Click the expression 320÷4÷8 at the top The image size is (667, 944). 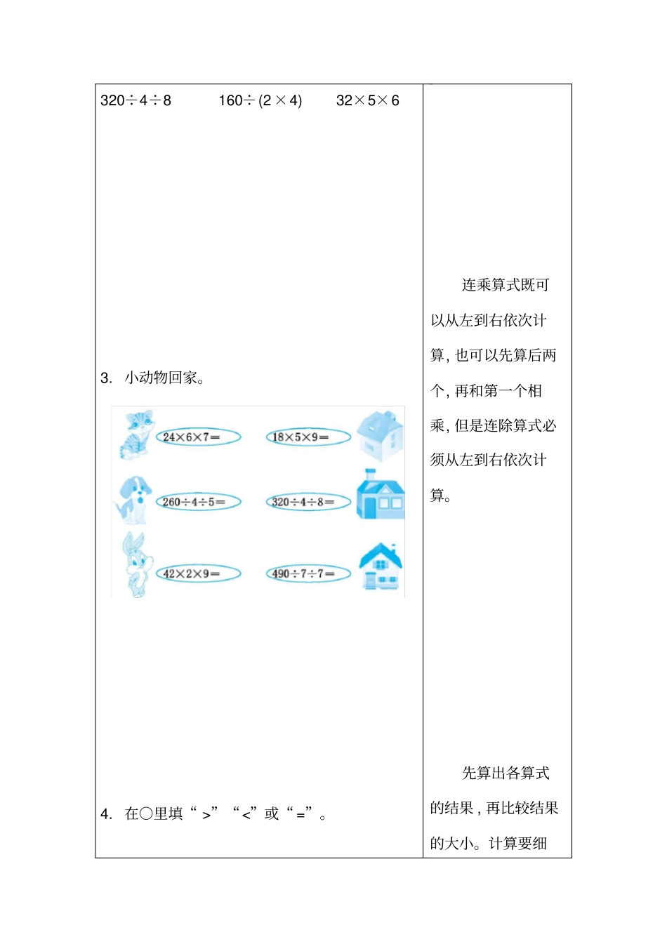[x=136, y=100]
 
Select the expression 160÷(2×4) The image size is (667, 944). [x=260, y=100]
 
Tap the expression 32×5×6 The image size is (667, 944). [x=367, y=100]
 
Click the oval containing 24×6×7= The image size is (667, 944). [x=197, y=437]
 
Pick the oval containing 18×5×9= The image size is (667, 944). [x=308, y=437]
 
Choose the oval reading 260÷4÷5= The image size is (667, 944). [x=197, y=502]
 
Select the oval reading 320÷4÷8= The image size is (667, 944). [x=308, y=502]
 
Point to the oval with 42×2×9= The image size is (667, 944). [x=197, y=573]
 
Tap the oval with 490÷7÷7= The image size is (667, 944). [x=308, y=573]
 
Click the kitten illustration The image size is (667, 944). [x=136, y=434]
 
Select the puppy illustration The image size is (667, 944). [x=133, y=500]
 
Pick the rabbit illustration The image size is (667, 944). [x=135, y=564]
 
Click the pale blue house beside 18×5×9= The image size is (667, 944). [x=381, y=436]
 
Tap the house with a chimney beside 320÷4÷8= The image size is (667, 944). [x=381, y=496]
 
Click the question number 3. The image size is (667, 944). [x=106, y=378]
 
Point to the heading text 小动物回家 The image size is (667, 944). [x=164, y=378]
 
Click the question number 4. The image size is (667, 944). [x=106, y=814]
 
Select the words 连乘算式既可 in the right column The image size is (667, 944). [x=506, y=285]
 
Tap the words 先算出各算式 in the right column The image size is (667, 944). [x=506, y=773]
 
